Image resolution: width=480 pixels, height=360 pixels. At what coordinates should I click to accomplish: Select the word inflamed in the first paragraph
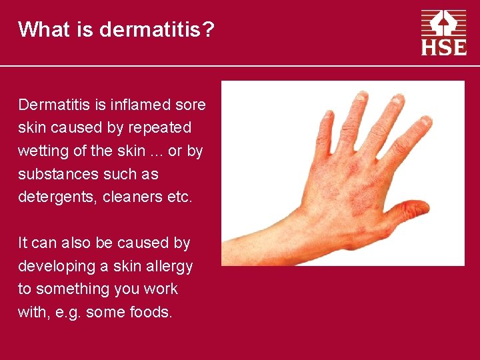pos(135,105)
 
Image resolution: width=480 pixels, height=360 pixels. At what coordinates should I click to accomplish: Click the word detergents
pos(55,197)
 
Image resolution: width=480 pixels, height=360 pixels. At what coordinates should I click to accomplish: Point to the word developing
pos(56,266)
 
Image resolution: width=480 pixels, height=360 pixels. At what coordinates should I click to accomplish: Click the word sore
pos(191,105)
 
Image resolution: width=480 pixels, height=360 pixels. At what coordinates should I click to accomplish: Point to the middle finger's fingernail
pos(398,101)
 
